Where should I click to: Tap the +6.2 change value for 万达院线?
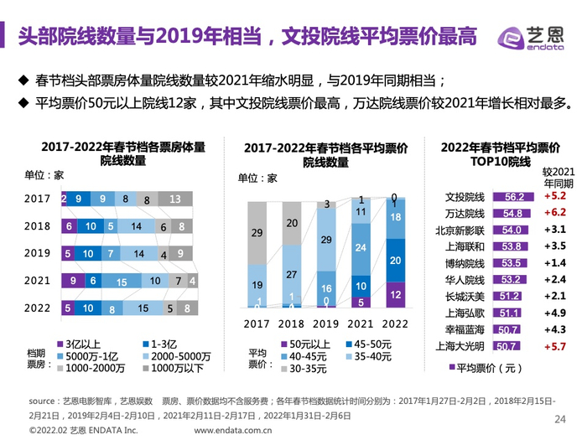tap(555, 213)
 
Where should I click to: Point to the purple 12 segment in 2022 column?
tap(396, 295)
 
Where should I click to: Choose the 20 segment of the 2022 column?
tap(396, 260)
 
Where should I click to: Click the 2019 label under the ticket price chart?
tap(324, 323)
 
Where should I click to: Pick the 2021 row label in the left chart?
tap(38, 281)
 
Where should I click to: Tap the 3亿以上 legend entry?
tap(81, 344)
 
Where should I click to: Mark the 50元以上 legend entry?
tap(308, 344)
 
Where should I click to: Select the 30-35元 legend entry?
tap(306, 367)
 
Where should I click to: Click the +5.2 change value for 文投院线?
tap(555, 197)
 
